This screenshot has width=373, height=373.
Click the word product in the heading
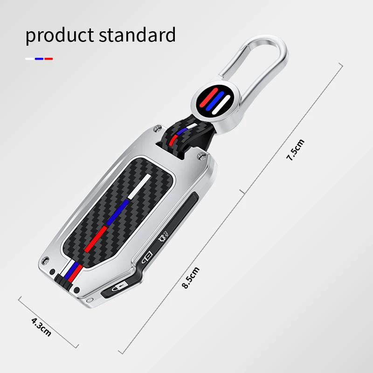point(60,36)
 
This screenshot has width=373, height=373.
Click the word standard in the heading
point(137,35)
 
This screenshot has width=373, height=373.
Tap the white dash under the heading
point(29,59)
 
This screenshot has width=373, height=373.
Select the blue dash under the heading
point(39,59)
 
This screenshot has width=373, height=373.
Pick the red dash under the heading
point(48,59)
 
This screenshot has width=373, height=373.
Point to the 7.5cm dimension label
point(295,150)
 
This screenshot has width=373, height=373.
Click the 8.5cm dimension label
point(191,277)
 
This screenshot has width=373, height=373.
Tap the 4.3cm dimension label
point(41,327)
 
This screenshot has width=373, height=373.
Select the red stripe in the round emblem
point(208,98)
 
